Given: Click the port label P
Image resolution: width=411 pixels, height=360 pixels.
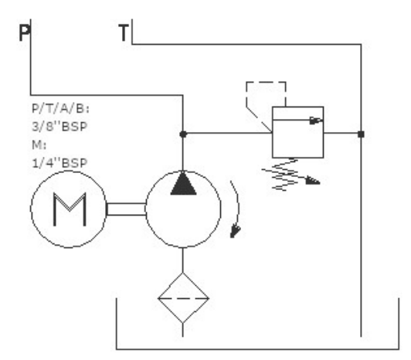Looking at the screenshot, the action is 25,32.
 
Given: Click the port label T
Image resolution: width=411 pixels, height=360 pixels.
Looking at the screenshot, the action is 124,32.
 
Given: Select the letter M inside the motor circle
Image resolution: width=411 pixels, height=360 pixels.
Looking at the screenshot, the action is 70,209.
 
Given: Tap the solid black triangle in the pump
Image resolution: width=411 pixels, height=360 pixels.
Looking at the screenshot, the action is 183,183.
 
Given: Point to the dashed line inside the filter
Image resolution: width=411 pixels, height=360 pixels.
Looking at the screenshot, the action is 183,298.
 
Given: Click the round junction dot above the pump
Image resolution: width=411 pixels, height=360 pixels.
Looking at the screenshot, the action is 183,134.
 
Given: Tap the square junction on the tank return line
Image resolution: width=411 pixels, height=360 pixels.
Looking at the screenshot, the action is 362,134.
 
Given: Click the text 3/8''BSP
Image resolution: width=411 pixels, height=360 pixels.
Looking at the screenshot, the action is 59,127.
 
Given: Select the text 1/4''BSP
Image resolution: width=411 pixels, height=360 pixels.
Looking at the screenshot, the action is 59,163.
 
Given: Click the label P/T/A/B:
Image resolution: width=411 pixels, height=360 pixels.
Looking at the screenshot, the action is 60,109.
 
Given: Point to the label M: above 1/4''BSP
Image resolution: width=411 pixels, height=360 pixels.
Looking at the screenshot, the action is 39,144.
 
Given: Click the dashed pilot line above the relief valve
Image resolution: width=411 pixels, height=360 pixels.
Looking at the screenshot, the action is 266,83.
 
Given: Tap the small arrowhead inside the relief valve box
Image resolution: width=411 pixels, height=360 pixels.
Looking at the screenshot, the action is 316,121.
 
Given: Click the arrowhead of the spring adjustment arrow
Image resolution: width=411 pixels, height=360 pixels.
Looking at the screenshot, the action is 313,181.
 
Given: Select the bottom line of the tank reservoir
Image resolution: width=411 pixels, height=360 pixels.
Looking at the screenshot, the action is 258,349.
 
